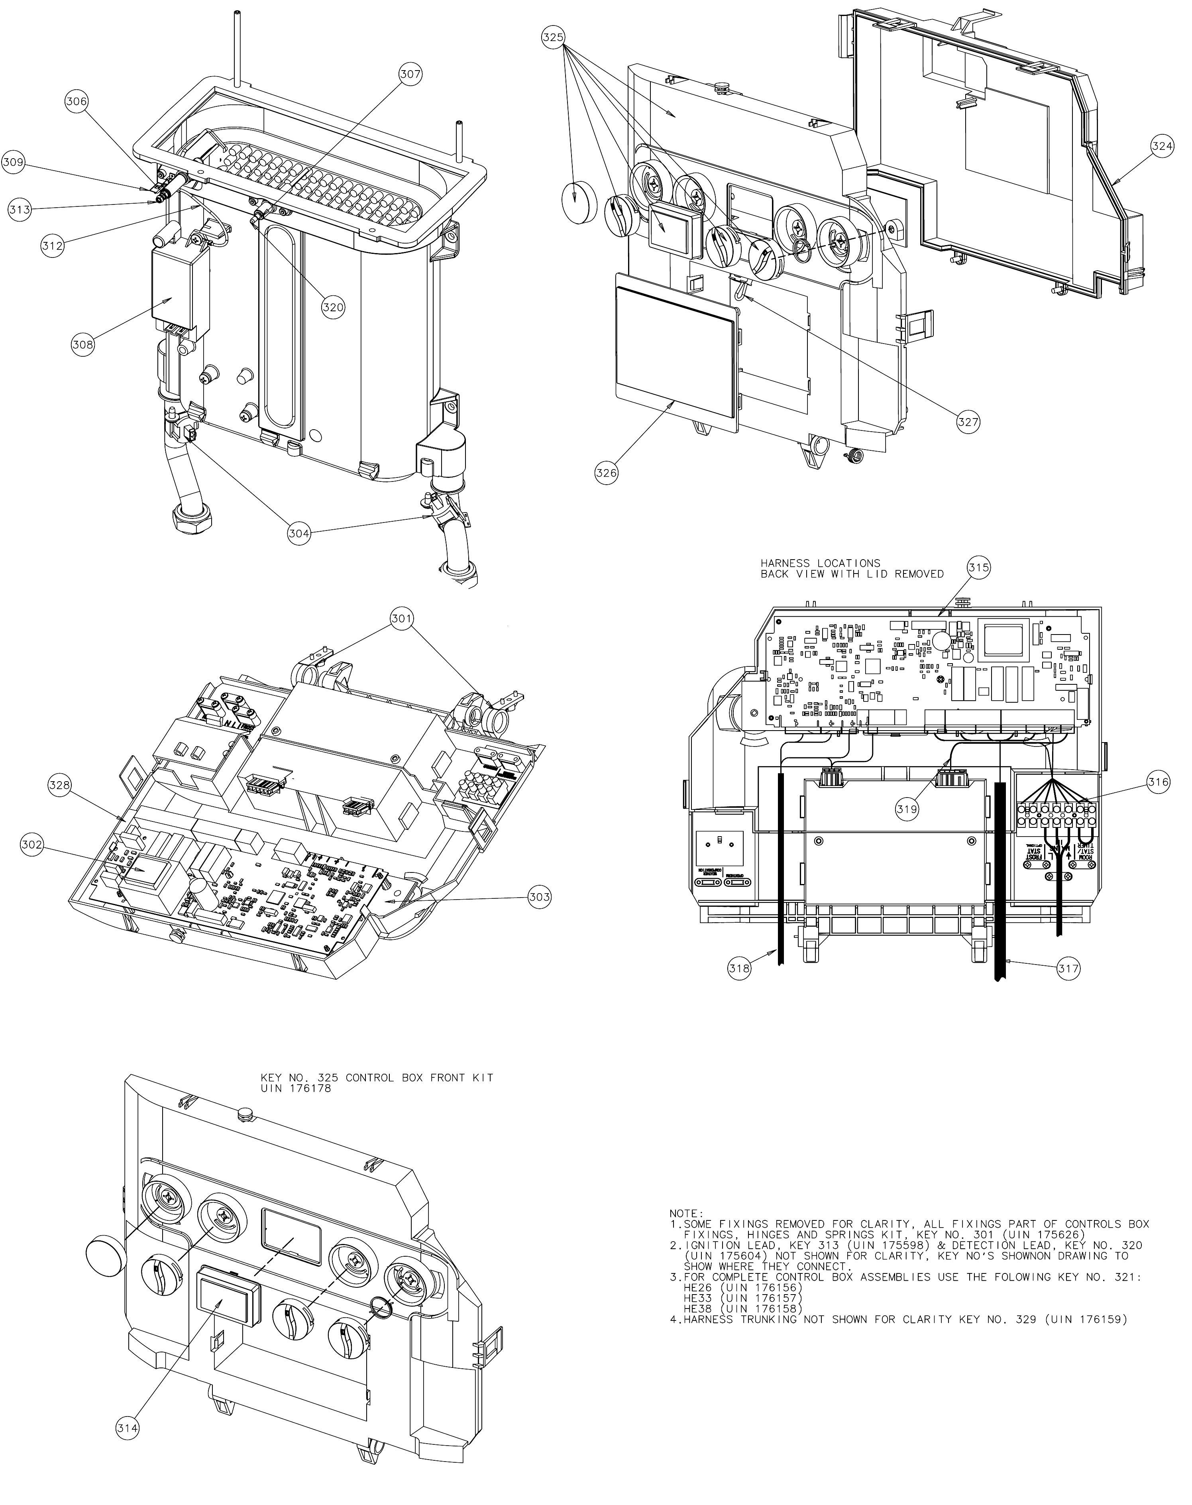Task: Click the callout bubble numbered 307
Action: [410, 74]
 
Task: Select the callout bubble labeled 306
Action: [77, 101]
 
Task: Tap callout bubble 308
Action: [83, 344]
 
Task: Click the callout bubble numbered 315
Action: [978, 568]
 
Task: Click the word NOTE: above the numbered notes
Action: [686, 1214]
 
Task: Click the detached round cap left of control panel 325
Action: [581, 200]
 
